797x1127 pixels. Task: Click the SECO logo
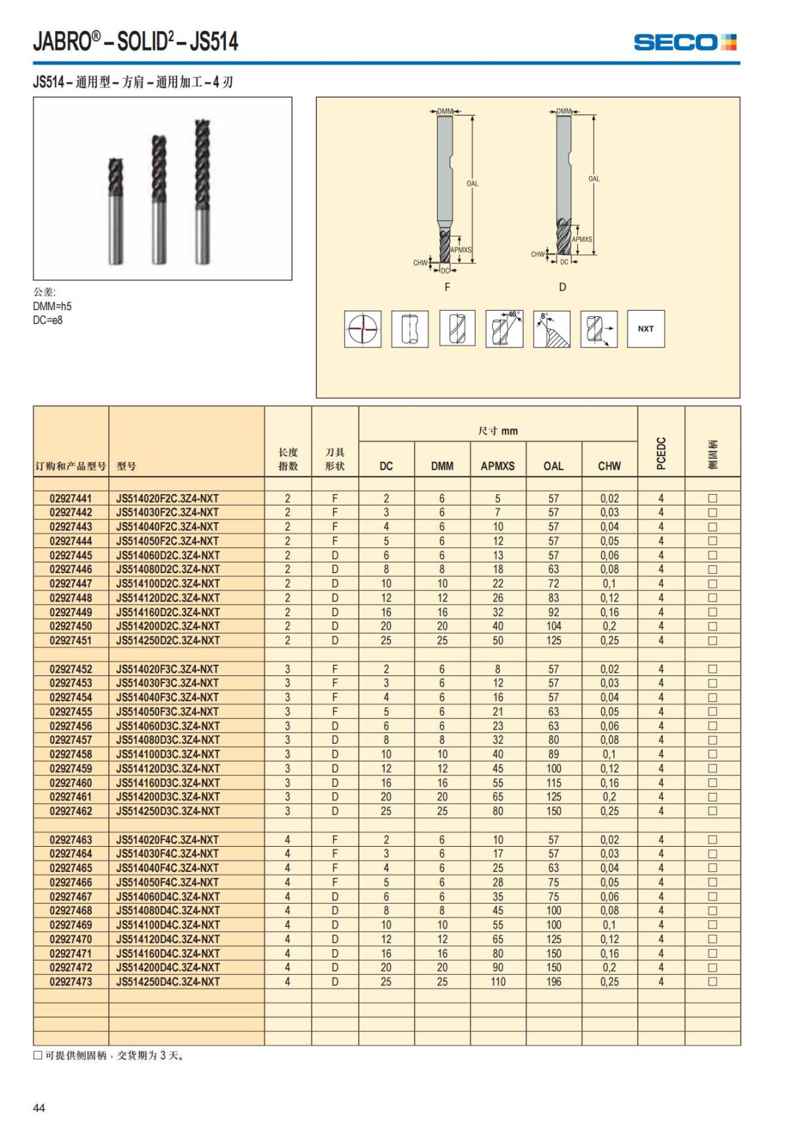point(685,43)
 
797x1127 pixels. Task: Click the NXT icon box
point(646,329)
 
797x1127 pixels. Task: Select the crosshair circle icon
point(363,329)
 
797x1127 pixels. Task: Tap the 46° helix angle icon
point(504,329)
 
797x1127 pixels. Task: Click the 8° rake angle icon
point(551,329)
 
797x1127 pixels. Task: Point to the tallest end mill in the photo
point(203,193)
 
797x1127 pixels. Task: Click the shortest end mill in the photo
point(116,211)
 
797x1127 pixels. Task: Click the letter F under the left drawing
point(447,287)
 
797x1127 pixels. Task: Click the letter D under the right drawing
point(563,287)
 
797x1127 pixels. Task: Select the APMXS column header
point(497,466)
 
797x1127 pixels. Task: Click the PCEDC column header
point(661,453)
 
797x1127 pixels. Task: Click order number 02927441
point(71,498)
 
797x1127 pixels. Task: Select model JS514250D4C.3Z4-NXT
point(167,982)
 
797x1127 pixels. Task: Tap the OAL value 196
point(553,982)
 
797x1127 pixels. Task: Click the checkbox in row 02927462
point(713,811)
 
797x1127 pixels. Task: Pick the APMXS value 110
point(497,982)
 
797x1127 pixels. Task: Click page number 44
point(39,1108)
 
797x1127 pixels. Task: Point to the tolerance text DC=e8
point(48,320)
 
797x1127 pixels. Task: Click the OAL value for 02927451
point(553,640)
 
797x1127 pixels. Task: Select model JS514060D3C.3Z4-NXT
point(167,726)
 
